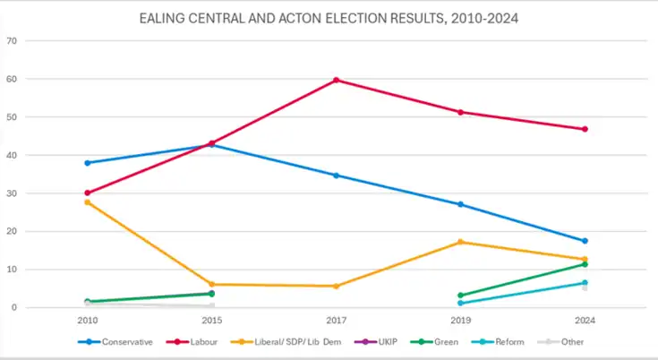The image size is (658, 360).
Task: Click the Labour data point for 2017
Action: (337, 80)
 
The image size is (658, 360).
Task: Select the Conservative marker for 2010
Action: (88, 163)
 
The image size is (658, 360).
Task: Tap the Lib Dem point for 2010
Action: (88, 202)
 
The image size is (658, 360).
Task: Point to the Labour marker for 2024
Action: (585, 129)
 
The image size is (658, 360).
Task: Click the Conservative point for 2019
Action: (460, 204)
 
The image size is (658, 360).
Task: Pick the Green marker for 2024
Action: (585, 264)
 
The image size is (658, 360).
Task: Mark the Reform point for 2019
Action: (460, 303)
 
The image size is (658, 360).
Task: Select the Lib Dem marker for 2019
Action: (460, 242)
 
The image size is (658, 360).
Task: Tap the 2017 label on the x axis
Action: (337, 319)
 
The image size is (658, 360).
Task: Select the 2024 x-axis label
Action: (585, 319)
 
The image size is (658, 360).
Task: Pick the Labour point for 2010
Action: (88, 193)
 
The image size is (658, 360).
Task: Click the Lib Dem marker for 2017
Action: (337, 286)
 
